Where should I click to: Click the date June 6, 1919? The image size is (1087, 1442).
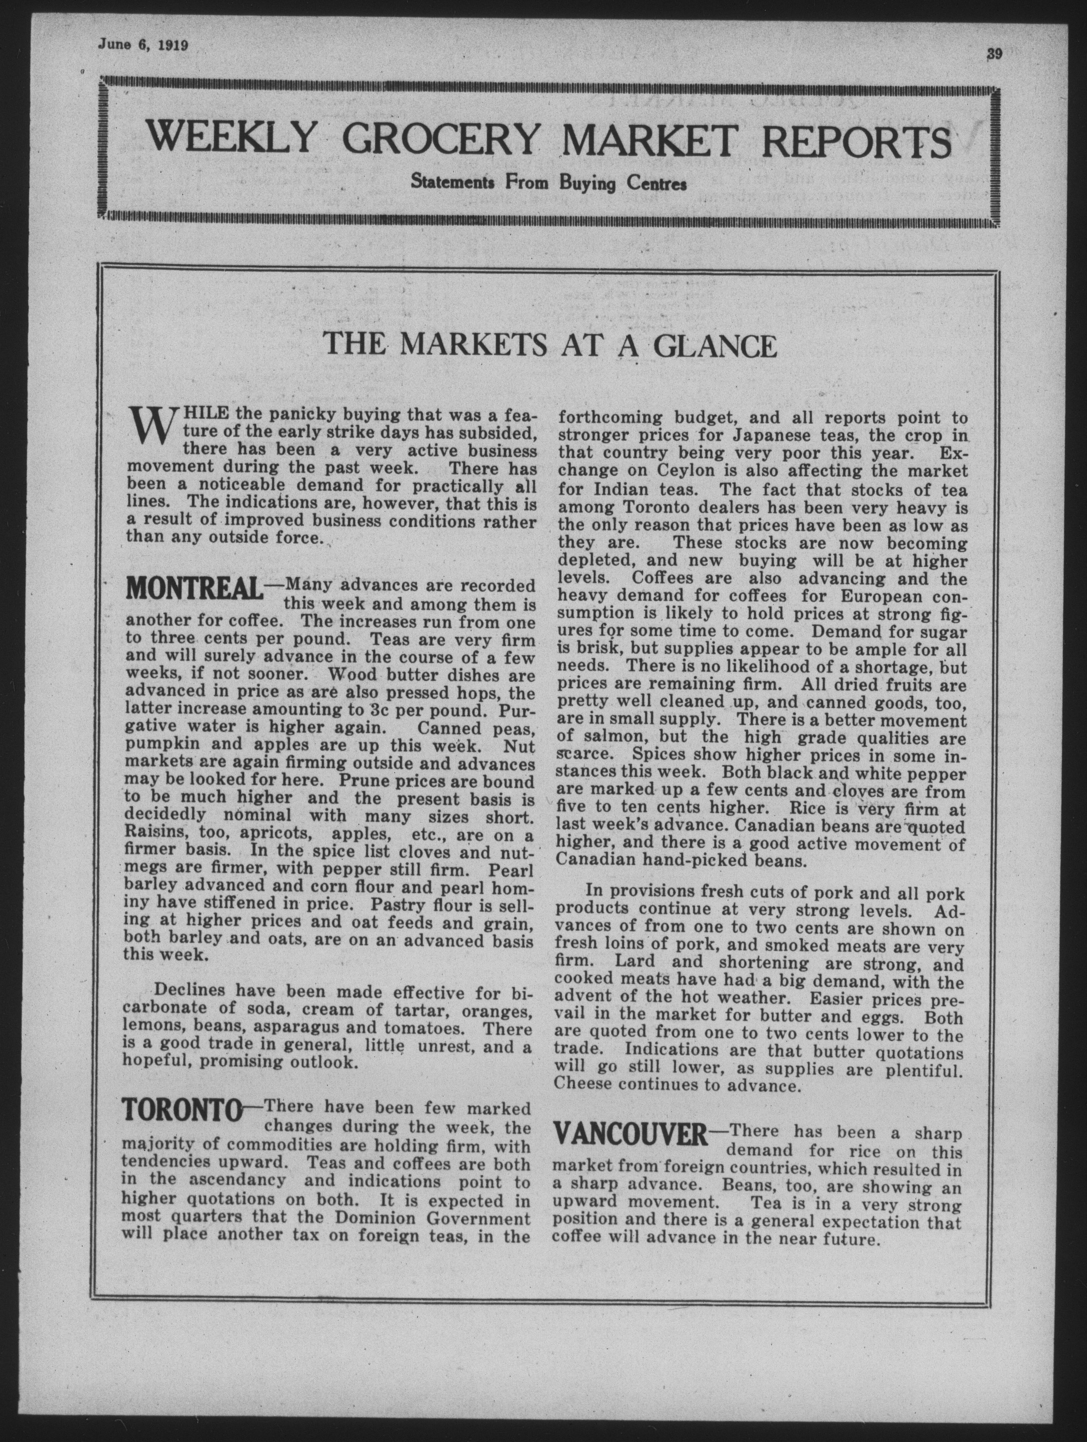(143, 46)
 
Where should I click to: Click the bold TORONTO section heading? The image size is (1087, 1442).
(182, 1109)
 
